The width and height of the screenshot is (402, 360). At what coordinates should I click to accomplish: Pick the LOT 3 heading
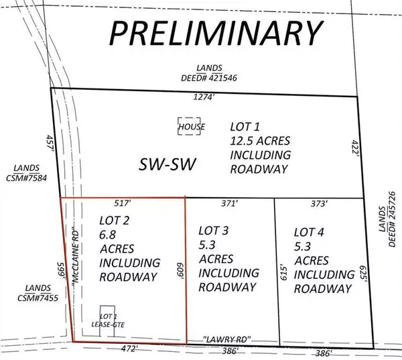click(x=214, y=231)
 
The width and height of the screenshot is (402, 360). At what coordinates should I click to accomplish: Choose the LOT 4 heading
click(x=310, y=232)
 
